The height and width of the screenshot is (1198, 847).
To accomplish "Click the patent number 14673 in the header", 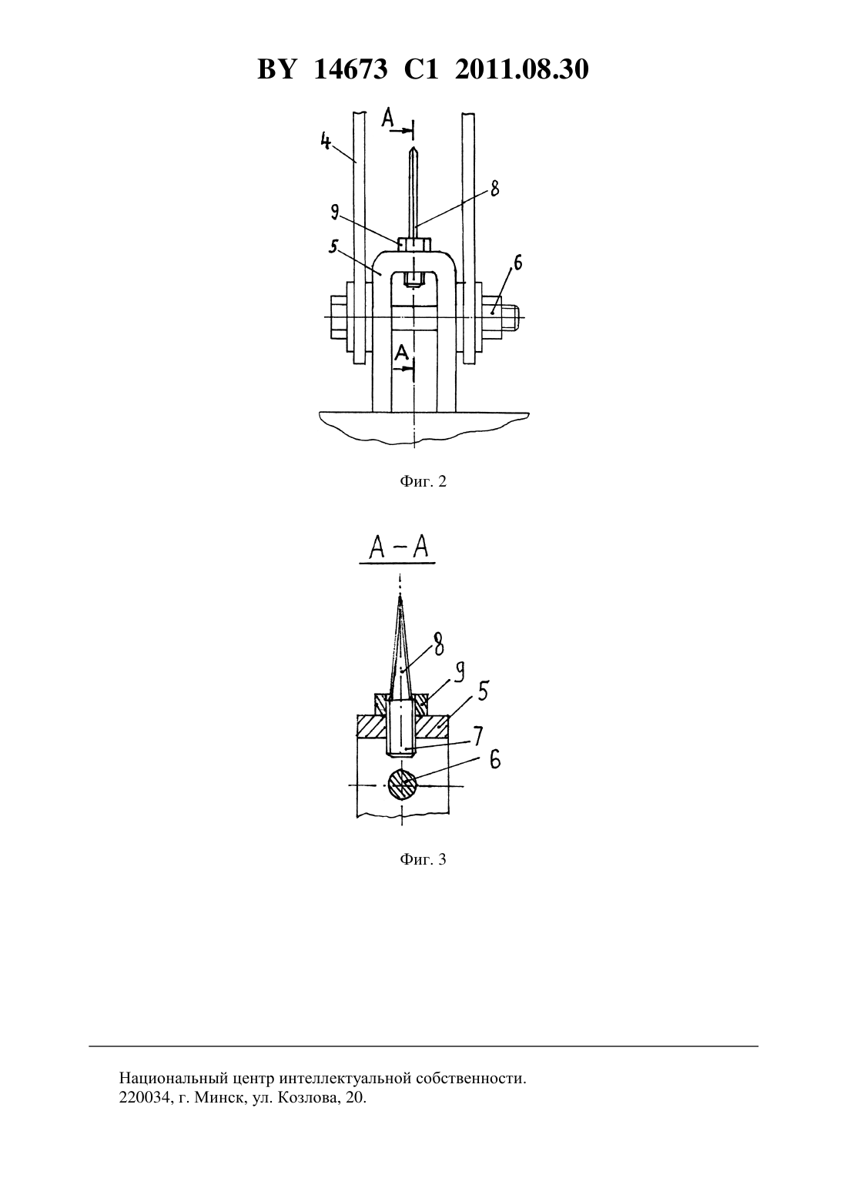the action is point(350,69).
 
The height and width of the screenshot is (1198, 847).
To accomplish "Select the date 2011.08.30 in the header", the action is point(522,69).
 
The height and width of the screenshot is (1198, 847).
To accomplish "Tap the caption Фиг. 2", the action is point(423,481).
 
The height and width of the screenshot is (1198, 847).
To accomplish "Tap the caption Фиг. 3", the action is point(423,859).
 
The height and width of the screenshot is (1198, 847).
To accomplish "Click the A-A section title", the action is point(398,548).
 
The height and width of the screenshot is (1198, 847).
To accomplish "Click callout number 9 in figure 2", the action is point(334,213).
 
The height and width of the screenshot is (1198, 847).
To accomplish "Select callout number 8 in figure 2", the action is point(494,189).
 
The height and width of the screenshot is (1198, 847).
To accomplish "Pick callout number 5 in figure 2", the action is point(333,246).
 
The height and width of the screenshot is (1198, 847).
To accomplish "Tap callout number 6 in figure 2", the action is point(517,263).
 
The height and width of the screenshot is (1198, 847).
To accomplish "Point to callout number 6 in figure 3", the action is point(495,759).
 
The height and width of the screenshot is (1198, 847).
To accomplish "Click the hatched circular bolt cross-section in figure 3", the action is point(402,784).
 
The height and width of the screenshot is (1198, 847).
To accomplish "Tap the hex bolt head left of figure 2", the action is point(339,318).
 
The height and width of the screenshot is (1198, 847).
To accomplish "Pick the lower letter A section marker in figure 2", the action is point(402,353).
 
